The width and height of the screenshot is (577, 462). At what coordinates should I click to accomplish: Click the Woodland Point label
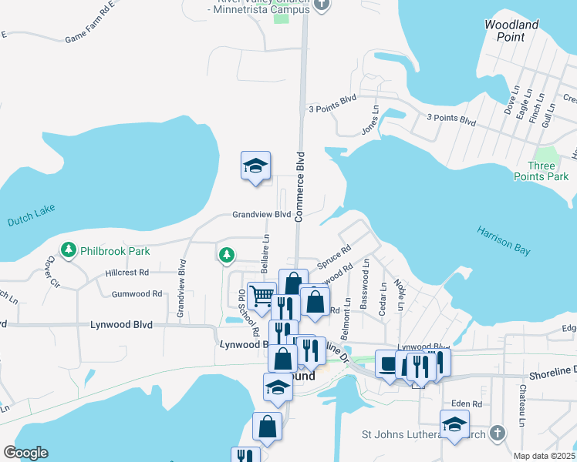tap(511, 31)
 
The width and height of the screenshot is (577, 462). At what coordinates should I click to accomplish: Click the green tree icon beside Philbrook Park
tap(69, 250)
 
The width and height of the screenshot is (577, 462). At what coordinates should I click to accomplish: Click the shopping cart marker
tap(262, 296)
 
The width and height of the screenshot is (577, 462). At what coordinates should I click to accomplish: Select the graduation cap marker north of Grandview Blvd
tap(256, 166)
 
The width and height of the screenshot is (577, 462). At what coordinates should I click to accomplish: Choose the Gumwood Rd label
tap(137, 294)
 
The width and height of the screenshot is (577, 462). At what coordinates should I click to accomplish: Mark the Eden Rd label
tap(466, 403)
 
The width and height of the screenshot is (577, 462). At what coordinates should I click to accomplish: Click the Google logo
tap(25, 453)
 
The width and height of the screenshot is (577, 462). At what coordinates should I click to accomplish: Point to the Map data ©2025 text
tap(544, 456)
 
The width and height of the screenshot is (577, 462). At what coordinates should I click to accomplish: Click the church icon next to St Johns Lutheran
tap(497, 434)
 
